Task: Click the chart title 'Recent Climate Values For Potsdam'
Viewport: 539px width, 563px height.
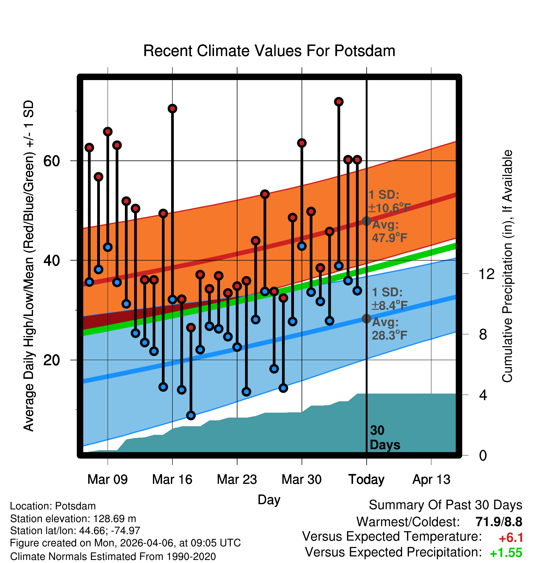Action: tap(269, 51)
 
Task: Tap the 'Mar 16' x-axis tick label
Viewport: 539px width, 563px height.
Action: tap(172, 480)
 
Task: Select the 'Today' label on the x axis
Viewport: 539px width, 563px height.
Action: tap(366, 480)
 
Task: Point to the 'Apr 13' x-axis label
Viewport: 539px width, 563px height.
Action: tap(431, 480)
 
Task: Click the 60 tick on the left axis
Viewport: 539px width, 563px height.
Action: tap(51, 161)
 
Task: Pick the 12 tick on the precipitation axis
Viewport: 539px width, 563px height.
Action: tap(487, 274)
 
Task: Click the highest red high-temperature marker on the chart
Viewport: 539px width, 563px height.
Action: tap(339, 102)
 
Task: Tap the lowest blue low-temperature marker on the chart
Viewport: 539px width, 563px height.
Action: tap(191, 415)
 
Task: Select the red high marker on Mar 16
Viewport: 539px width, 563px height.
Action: tap(172, 108)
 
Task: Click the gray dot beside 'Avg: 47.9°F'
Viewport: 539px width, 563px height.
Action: tap(366, 221)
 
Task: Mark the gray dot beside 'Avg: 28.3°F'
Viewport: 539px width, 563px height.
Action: tap(366, 318)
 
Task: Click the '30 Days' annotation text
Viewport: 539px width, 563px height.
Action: tap(385, 438)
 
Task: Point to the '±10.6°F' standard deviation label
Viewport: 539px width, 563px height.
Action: tap(389, 208)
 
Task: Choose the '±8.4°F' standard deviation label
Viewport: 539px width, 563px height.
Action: tap(389, 306)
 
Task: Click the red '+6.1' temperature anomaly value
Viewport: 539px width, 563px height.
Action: tap(511, 538)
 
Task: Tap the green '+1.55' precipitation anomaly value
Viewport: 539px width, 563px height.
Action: tap(506, 553)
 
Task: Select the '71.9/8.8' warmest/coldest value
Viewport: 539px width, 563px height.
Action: tap(499, 522)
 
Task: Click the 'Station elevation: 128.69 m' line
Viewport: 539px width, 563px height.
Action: tap(73, 519)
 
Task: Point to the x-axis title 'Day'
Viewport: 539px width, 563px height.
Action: tap(269, 500)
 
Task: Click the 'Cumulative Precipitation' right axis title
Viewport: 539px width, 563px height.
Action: tap(507, 266)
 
